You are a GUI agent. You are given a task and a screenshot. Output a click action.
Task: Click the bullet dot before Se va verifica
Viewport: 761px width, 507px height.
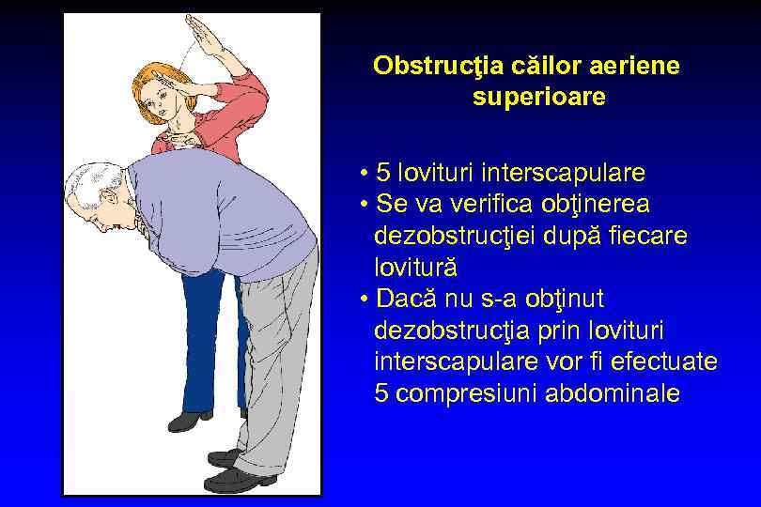363,205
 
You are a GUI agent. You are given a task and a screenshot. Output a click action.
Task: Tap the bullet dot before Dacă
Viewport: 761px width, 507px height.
363,300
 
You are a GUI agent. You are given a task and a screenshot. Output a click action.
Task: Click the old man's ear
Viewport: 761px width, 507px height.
109,196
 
